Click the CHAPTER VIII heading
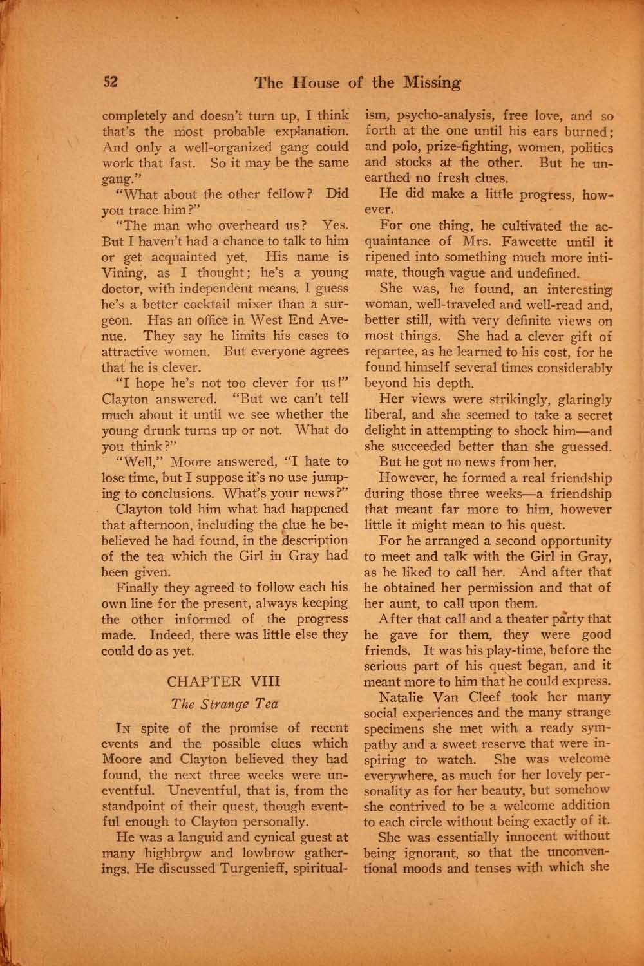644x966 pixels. [227, 681]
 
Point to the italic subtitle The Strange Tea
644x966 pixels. [225, 705]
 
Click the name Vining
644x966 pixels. [125, 272]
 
